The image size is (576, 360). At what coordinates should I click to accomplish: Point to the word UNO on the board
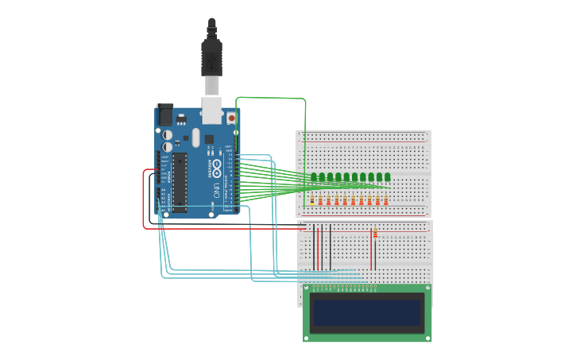pos(216,190)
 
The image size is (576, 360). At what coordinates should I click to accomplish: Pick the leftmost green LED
pos(314,177)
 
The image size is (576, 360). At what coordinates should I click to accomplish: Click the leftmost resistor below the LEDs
pos(311,200)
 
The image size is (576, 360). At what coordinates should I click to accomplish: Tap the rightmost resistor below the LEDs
pos(386,200)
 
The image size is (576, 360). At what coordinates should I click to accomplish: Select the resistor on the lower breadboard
pos(375,234)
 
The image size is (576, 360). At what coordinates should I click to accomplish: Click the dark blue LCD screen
pos(367,312)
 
